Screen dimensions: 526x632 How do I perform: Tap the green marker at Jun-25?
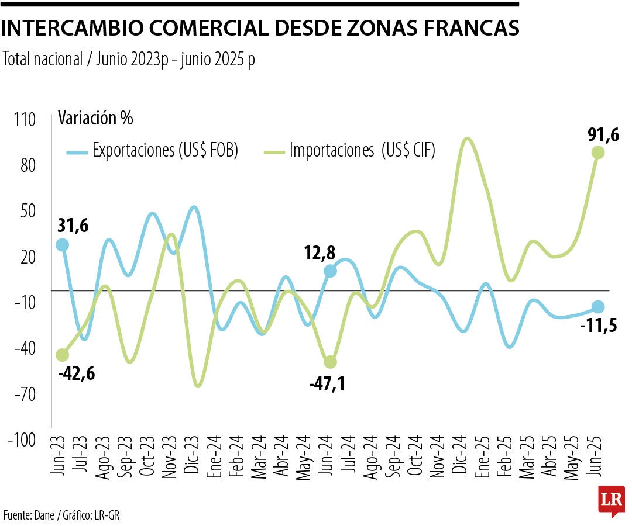coord(598,153)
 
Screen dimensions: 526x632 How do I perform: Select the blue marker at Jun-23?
coord(61,245)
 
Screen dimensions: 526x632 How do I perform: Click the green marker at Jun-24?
coord(330,362)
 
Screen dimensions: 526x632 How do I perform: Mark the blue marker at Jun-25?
coord(598,307)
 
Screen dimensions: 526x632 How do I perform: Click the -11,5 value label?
coord(599,326)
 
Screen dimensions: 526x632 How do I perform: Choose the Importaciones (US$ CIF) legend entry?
coord(362,151)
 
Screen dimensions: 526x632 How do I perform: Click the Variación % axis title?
coord(95,118)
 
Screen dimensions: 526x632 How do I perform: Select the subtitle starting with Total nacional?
coord(129,59)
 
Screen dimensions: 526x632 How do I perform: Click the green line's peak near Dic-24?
coord(466,139)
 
